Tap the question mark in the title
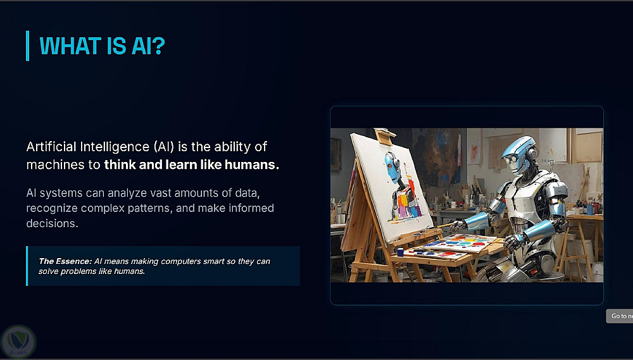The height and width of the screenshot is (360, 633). point(160,46)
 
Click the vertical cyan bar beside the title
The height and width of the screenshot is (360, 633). point(27,46)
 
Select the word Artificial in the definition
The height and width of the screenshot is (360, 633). point(51,147)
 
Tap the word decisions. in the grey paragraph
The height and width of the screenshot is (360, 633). point(52,223)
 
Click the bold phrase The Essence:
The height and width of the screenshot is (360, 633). point(65,261)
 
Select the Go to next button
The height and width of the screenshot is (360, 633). point(620,316)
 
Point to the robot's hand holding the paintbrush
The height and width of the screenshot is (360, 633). point(458,226)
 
